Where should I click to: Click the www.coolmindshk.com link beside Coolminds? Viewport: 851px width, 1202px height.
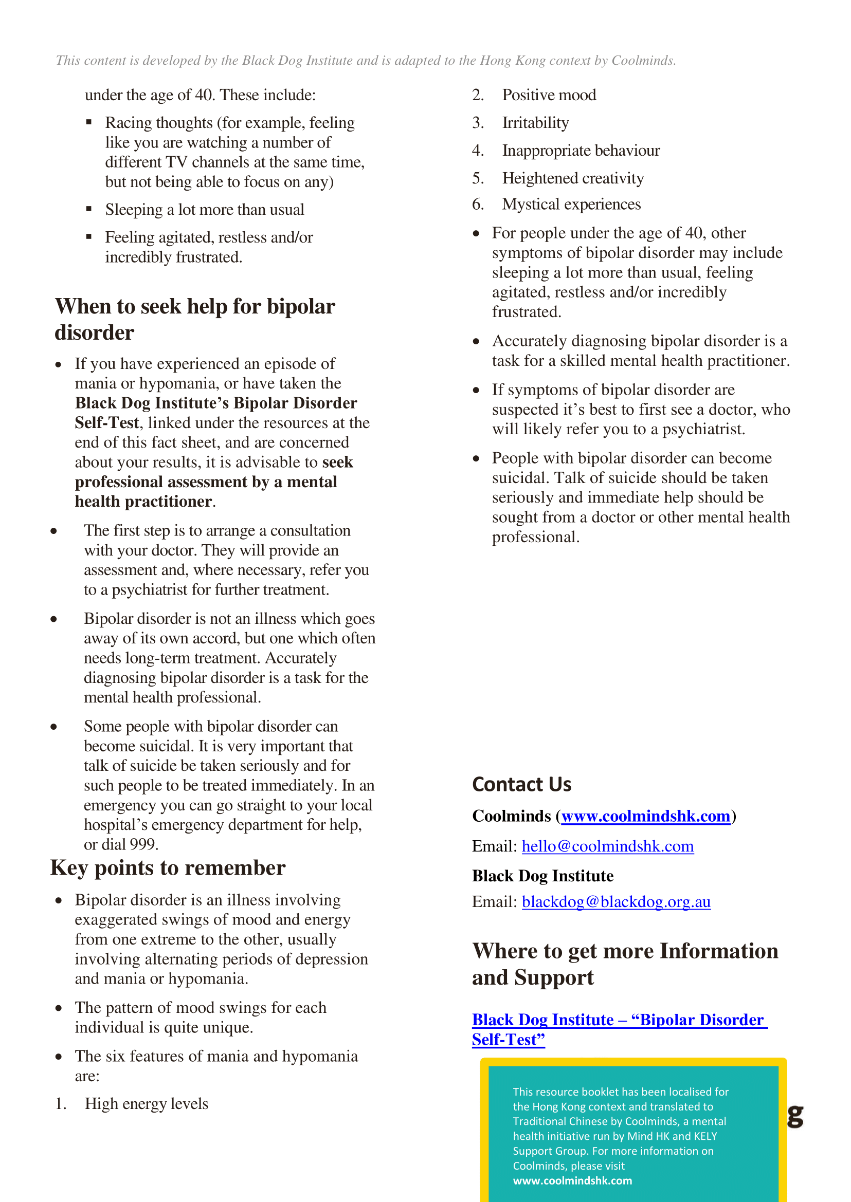click(646, 816)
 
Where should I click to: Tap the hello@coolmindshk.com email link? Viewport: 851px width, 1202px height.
click(607, 846)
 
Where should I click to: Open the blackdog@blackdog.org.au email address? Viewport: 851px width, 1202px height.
click(615, 901)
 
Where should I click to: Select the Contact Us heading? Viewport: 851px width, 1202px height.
click(521, 784)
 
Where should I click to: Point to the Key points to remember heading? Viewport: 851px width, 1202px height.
click(168, 868)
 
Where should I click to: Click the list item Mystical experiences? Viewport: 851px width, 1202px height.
click(571, 204)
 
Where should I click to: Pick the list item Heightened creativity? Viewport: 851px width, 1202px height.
click(573, 178)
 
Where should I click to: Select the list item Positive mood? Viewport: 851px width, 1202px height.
click(549, 95)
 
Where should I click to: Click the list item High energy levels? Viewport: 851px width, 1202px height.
click(146, 1103)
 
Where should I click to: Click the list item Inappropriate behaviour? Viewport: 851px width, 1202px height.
click(581, 151)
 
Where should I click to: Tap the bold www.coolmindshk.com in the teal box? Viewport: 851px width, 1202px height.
click(572, 1180)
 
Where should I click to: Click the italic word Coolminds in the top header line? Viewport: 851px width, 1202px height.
click(642, 61)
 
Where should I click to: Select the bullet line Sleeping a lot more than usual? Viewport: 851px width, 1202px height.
click(204, 210)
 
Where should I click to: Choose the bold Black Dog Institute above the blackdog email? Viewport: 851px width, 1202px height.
click(542, 876)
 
